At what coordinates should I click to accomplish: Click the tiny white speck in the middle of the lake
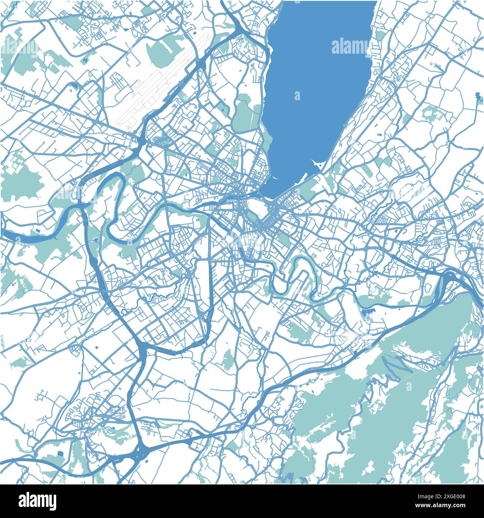click(x=297, y=96)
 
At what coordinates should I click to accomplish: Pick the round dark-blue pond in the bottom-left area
click(x=60, y=454)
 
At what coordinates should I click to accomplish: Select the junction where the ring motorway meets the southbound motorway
click(x=143, y=348)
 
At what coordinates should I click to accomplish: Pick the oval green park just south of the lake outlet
click(x=253, y=206)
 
